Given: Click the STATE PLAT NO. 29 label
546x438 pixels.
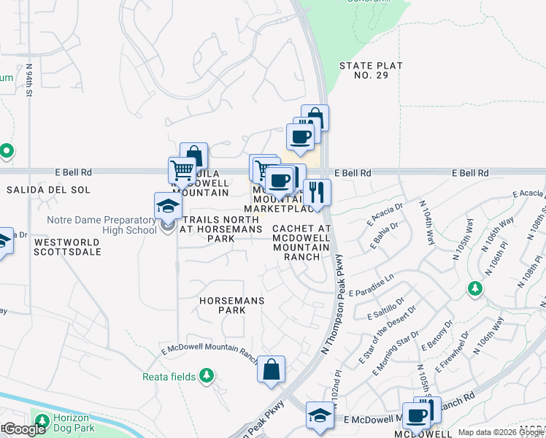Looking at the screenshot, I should tap(371, 71).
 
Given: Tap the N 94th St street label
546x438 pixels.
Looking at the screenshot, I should tap(30, 82).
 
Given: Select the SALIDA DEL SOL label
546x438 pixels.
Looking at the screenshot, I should tap(48, 190).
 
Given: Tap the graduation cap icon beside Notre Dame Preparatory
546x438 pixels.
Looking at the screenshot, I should tap(168, 206).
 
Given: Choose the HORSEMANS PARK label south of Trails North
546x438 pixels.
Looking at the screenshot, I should tap(231, 305).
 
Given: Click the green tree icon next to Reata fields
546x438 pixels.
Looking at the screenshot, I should tap(208, 376).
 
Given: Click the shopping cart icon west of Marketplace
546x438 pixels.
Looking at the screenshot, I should tap(182, 172).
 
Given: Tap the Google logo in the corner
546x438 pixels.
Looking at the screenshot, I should tap(24, 430).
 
